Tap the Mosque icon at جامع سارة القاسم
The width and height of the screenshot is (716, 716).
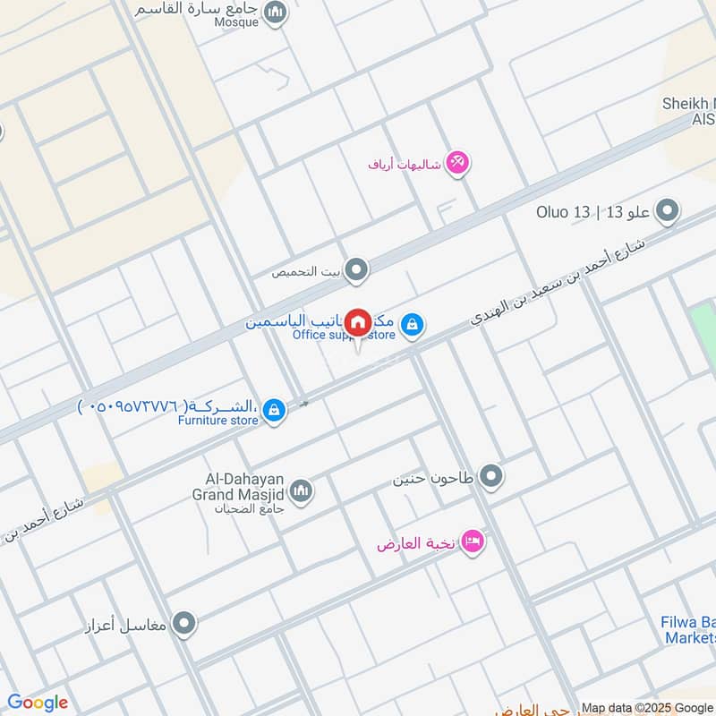[x=276, y=12]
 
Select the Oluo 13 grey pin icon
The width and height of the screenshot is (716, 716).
[x=666, y=212]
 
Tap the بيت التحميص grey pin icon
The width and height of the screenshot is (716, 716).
[x=357, y=269]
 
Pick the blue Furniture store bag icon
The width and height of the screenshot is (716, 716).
[x=275, y=411]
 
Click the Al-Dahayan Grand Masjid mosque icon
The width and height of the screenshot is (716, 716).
[x=301, y=490]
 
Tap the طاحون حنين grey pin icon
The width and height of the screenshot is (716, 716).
[x=490, y=477]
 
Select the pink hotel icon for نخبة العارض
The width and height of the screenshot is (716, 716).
[x=473, y=542]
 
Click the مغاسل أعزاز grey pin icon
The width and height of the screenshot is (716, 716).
[x=184, y=623]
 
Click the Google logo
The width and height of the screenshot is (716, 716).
[x=37, y=703]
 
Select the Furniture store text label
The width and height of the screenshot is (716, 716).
[x=217, y=420]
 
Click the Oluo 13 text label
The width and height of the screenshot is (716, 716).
[x=564, y=212]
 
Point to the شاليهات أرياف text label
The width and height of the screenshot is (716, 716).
[x=405, y=165]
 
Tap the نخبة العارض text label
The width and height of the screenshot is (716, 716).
[x=416, y=543]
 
